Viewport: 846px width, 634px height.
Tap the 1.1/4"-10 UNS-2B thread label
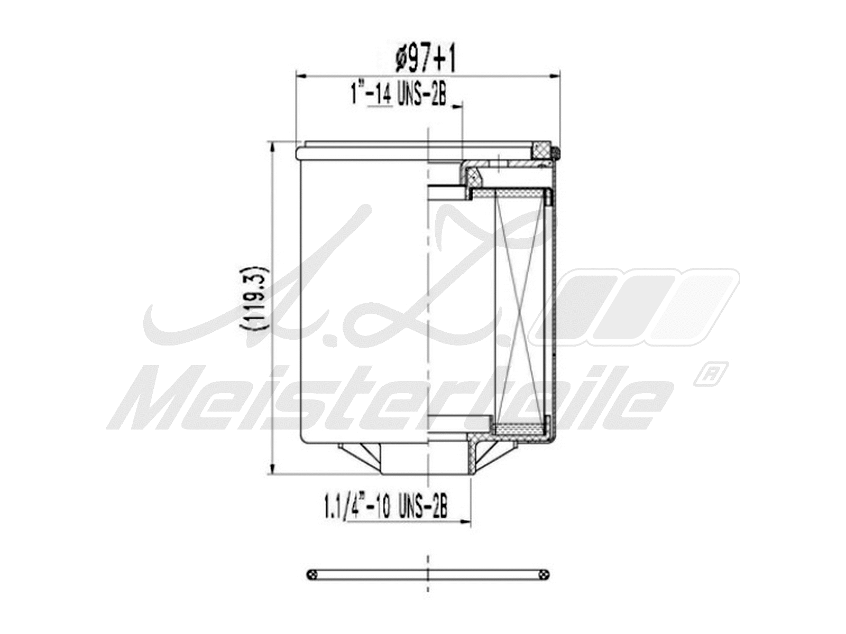point(385,508)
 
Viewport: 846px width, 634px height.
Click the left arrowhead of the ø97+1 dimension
point(301,76)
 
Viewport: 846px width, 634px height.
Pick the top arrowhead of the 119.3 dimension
point(272,146)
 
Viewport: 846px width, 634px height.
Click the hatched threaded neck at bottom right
point(474,454)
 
